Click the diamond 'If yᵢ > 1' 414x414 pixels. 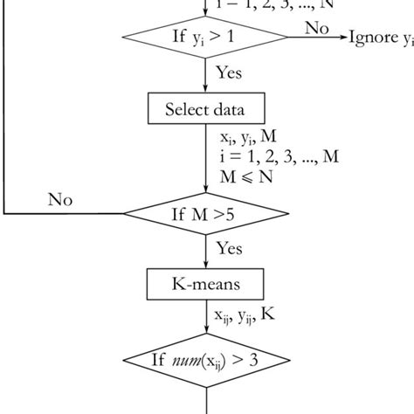point(205,37)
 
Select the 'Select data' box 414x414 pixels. point(205,109)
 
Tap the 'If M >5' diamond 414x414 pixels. point(205,213)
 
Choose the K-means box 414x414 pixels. point(205,284)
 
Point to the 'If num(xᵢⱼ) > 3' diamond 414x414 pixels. point(205,360)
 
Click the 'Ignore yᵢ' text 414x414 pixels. point(381,38)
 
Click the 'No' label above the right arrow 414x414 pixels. point(317,27)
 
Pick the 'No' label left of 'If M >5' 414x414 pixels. point(60,201)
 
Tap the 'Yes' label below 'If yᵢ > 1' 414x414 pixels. point(228,74)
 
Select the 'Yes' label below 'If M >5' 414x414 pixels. point(229,250)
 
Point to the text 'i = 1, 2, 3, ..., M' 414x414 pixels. point(279,156)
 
